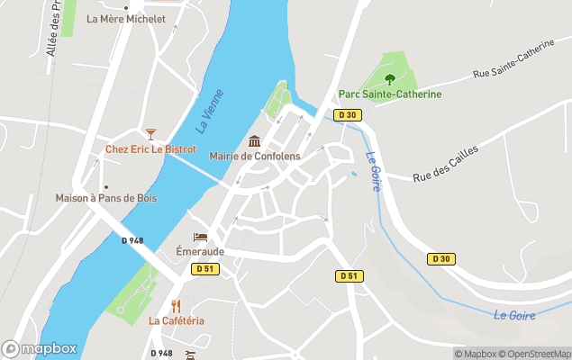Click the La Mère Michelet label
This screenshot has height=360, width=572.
click(x=125, y=18)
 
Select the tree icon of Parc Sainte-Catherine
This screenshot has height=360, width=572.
click(x=389, y=79)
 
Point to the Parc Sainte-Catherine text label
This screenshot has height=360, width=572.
click(x=389, y=94)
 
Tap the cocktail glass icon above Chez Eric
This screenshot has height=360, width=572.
click(x=150, y=134)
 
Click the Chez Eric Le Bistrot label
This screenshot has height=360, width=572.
click(x=150, y=149)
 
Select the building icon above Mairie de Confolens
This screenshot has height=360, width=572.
click(x=254, y=141)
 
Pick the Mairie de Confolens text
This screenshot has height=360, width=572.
click(x=254, y=156)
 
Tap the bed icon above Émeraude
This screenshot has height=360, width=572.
click(x=200, y=237)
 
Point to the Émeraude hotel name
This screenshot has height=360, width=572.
click(x=200, y=252)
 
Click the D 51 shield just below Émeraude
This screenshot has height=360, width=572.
click(x=204, y=268)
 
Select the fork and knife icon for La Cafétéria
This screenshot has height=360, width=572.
click(x=177, y=306)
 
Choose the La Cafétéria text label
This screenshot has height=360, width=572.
click(x=177, y=321)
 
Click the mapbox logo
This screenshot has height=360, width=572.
click(x=40, y=348)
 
